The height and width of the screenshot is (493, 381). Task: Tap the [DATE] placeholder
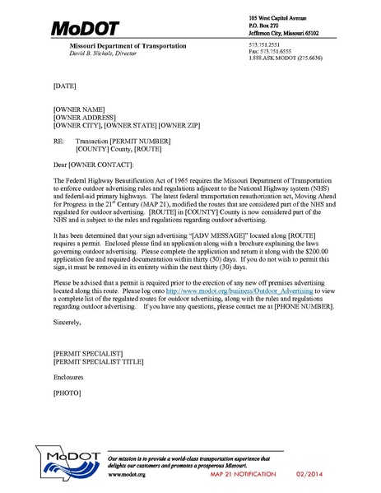click(x=64, y=85)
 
